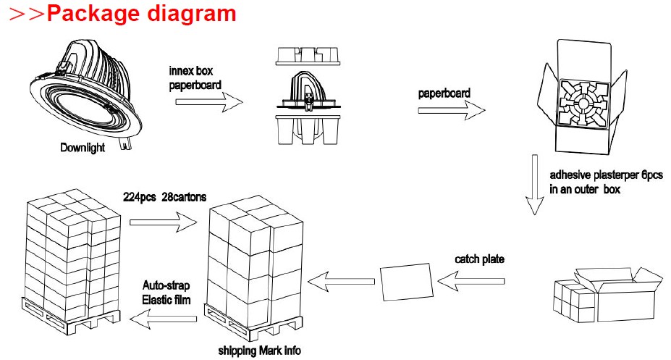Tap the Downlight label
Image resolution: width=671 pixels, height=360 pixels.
(x=83, y=148)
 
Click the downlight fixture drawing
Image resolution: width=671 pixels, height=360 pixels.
(x=85, y=92)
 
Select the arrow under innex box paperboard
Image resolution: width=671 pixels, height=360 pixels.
(x=209, y=102)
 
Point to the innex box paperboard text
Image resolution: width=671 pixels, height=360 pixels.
(x=195, y=78)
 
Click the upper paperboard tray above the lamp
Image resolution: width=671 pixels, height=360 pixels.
(x=308, y=56)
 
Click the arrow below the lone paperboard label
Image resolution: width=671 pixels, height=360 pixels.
(x=452, y=110)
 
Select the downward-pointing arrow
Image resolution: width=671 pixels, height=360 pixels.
(x=534, y=185)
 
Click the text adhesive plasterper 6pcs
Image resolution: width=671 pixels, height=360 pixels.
(x=606, y=175)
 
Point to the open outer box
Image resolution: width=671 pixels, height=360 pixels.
(x=614, y=295)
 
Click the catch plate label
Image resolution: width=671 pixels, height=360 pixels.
(x=479, y=259)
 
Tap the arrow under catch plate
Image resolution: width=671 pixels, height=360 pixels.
(x=471, y=282)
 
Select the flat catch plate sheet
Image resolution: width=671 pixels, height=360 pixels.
(x=407, y=282)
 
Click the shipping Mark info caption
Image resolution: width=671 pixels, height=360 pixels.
(x=259, y=351)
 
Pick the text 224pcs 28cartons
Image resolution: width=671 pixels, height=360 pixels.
(x=165, y=197)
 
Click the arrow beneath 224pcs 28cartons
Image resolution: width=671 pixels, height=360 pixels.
(x=164, y=222)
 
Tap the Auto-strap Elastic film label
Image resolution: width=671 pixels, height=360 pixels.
(x=166, y=293)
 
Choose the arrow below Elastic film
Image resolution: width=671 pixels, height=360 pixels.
(x=163, y=319)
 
